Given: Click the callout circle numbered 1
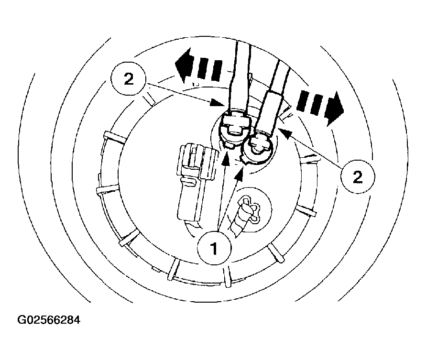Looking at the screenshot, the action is click(x=214, y=248).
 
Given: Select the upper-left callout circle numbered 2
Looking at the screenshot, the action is click(x=128, y=79).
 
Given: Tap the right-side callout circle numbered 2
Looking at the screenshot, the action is click(x=357, y=177).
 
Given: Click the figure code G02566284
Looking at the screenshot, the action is click(x=49, y=320).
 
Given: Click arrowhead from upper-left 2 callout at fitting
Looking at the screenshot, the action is click(x=218, y=103).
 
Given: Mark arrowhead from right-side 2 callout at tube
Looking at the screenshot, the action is click(x=286, y=133).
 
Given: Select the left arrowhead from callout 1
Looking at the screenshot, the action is click(x=225, y=160).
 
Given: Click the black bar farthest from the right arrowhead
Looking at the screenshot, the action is click(x=302, y=100).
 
